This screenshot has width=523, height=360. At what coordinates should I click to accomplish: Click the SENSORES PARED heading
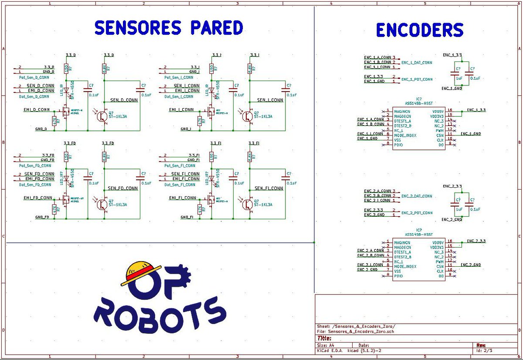[x=168, y=27]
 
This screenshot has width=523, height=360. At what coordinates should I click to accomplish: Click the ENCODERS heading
[x=419, y=30]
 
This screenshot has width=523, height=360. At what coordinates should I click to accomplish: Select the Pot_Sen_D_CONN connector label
[x=34, y=77]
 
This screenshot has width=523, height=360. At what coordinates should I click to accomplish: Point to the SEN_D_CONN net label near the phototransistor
[x=125, y=100]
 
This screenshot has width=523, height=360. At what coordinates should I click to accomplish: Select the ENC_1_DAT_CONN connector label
[x=417, y=63]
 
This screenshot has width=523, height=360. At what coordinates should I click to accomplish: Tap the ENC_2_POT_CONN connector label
[x=417, y=213]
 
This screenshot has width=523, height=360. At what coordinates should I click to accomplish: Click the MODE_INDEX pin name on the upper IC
[x=405, y=135]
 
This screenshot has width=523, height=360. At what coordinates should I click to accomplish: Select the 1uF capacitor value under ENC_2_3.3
[x=458, y=209]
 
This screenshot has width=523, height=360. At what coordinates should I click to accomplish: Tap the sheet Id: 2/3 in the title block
[x=484, y=350]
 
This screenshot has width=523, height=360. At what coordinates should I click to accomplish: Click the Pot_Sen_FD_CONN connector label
[x=35, y=166]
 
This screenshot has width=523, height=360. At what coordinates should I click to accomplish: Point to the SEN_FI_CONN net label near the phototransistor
[x=268, y=188]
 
